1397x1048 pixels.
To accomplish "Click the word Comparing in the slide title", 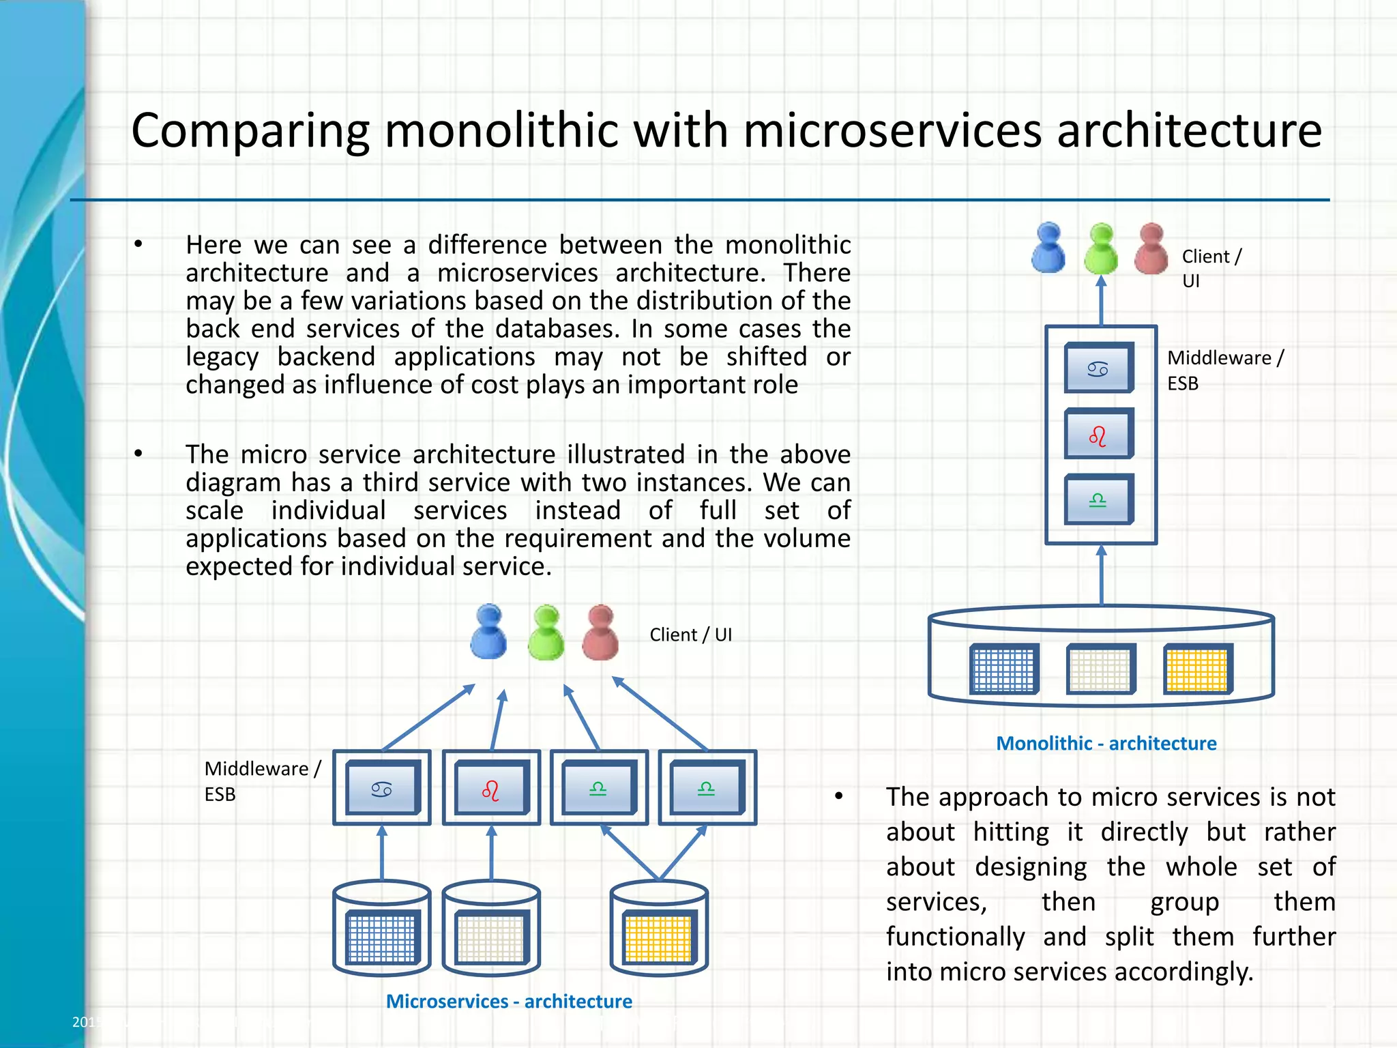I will pyautogui.click(x=250, y=131).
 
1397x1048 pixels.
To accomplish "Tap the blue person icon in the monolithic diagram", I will pyautogui.click(x=1048, y=248).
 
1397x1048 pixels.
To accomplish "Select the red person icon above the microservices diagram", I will pyautogui.click(x=600, y=632).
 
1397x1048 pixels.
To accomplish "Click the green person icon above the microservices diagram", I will pyautogui.click(x=546, y=632).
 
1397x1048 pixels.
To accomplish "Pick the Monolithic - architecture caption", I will pyautogui.click(x=1106, y=743).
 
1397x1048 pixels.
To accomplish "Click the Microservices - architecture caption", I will pyautogui.click(x=509, y=1001).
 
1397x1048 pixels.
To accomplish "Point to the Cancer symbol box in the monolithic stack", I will pyautogui.click(x=1098, y=368).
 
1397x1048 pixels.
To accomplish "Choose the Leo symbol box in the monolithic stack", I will pyautogui.click(x=1098, y=434).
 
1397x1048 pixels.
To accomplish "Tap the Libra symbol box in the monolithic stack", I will pyautogui.click(x=1098, y=499).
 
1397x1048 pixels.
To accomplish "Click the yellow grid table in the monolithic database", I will pyautogui.click(x=1197, y=669).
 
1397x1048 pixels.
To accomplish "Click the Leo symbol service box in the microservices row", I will pyautogui.click(x=491, y=788).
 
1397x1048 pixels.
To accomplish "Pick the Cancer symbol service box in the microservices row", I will pyautogui.click(x=382, y=788).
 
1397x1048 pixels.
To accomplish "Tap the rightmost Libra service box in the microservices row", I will pyautogui.click(x=707, y=788).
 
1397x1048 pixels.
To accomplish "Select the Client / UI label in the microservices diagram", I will pyautogui.click(x=690, y=635).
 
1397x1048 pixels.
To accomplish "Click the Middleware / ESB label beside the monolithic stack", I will pyautogui.click(x=1224, y=370).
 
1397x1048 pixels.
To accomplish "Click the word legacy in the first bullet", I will pyautogui.click(x=222, y=358).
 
